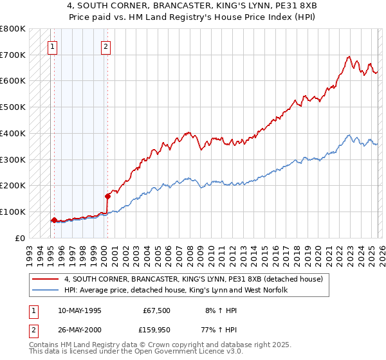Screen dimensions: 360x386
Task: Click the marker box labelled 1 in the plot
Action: pyautogui.click(x=52, y=46)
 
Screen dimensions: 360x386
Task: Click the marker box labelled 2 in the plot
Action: pyautogui.click(x=106, y=46)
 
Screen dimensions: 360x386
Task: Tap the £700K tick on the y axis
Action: pyautogui.click(x=13, y=55)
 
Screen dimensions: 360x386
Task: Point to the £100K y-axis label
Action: pyautogui.click(x=13, y=212)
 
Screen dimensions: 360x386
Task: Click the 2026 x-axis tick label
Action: pyautogui.click(x=380, y=251)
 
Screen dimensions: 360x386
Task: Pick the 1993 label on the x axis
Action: pyautogui.click(x=29, y=251)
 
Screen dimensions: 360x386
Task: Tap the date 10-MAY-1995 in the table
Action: pyautogui.click(x=80, y=310)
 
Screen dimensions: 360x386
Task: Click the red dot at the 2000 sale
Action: pyautogui.click(x=107, y=195)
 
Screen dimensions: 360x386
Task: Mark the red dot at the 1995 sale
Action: pyautogui.click(x=53, y=220)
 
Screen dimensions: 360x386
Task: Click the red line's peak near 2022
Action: pyautogui.click(x=348, y=57)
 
